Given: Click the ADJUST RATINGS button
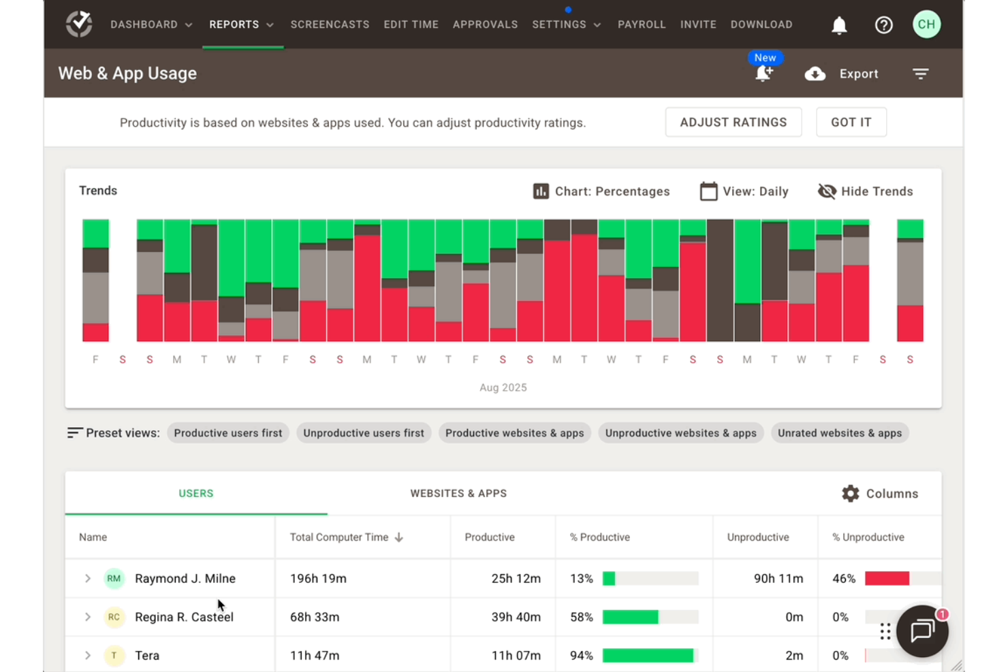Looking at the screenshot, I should [733, 123].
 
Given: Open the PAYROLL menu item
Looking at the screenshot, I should [641, 25].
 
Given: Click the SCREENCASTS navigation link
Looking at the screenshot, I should [330, 25].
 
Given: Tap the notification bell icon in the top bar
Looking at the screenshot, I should [839, 25].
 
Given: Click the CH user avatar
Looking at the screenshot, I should [926, 25].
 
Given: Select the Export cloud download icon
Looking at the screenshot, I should [815, 74].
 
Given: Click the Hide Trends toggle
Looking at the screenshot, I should [865, 191].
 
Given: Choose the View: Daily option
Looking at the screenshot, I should [744, 191].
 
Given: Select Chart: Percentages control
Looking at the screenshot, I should [601, 191].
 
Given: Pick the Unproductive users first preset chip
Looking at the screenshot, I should [363, 433].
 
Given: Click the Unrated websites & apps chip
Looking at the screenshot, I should [839, 433].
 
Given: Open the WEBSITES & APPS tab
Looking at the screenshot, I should [458, 494].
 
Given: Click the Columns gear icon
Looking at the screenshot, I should [850, 494].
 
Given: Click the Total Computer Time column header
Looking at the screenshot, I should [339, 537].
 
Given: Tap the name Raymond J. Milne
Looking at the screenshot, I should [185, 579].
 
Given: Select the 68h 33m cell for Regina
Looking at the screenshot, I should [315, 618].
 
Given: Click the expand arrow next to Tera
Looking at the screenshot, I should [87, 656].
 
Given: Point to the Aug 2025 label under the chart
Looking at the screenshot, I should [503, 387].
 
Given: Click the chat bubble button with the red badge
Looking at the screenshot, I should [922, 631].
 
